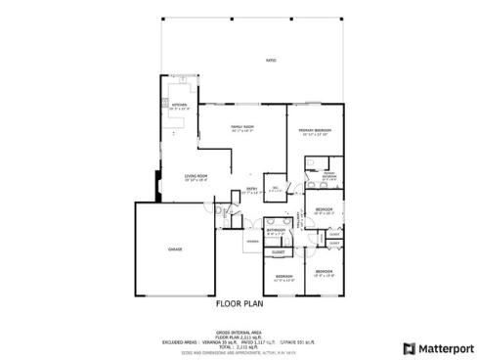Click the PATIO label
[x=271, y=61]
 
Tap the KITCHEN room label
[x=180, y=104]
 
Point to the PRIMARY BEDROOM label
[x=314, y=129]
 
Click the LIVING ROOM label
[x=196, y=176]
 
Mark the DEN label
[x=276, y=188]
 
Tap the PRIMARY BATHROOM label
[x=328, y=176]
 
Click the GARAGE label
[x=175, y=249]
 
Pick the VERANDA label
[x=251, y=241]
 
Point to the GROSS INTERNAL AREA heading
[x=239, y=332]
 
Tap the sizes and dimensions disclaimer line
[x=239, y=352]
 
